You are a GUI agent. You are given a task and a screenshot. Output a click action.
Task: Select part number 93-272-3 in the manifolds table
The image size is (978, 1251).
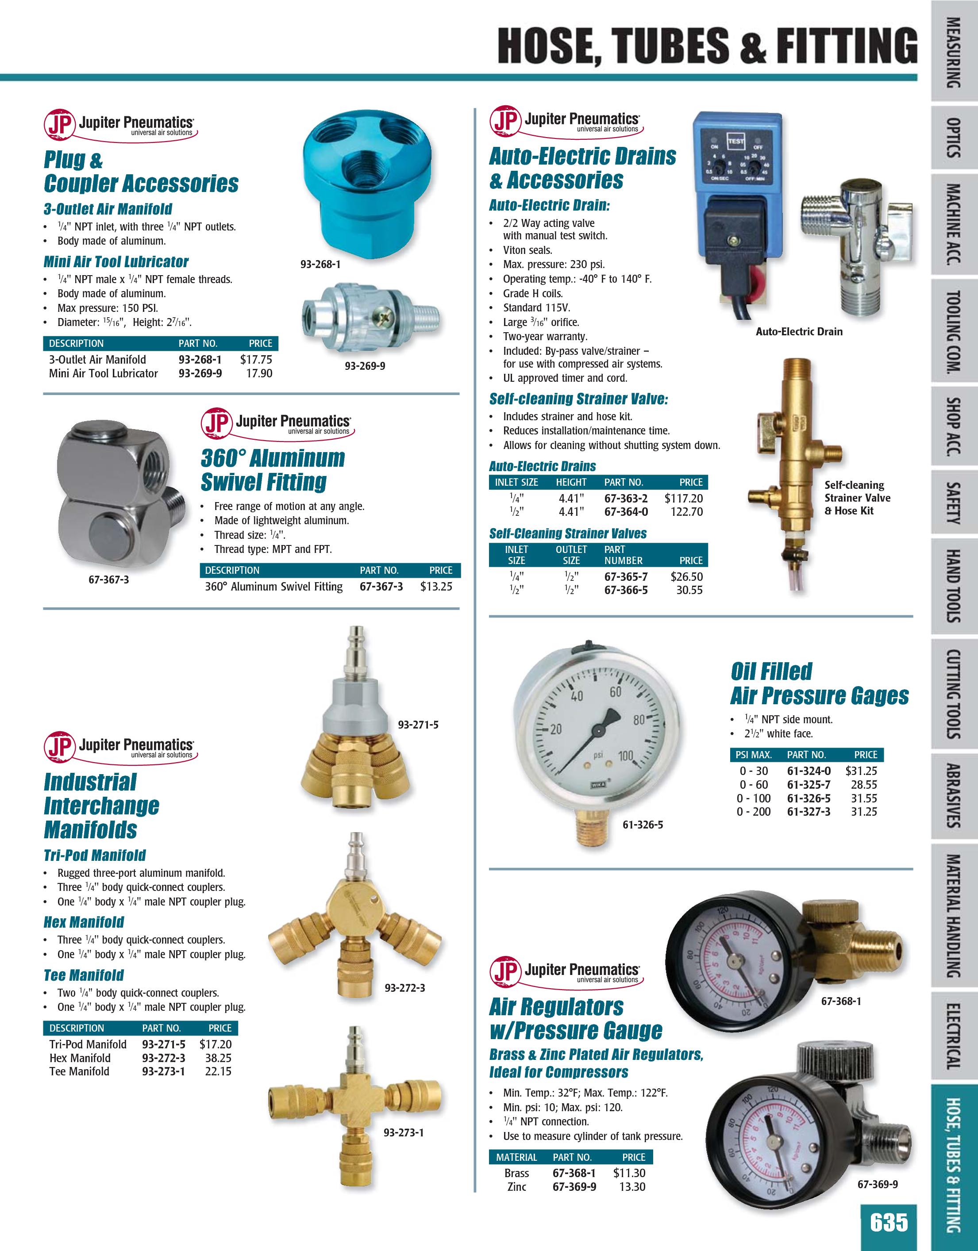(x=163, y=1058)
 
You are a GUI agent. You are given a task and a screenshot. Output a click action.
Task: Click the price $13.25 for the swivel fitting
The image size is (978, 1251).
(x=436, y=587)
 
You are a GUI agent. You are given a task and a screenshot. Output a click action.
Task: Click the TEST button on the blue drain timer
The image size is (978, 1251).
(x=735, y=140)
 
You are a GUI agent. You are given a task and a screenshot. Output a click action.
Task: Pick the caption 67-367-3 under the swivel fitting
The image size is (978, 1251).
(x=108, y=579)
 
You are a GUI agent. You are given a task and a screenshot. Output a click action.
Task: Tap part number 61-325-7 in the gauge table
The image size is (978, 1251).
(x=809, y=785)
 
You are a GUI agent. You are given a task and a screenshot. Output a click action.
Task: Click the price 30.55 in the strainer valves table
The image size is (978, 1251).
(x=689, y=590)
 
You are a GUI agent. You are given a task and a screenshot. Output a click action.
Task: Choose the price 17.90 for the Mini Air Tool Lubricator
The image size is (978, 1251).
(x=259, y=373)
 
